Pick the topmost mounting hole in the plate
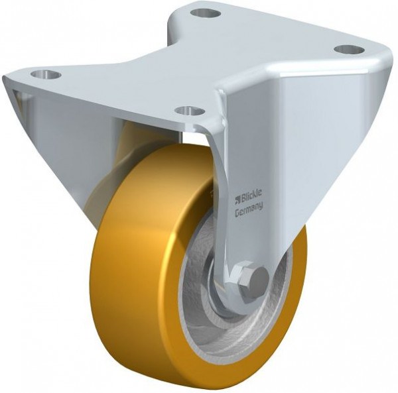206,12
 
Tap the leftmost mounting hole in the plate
46,74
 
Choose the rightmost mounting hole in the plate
349,49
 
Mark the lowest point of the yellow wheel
199,386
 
